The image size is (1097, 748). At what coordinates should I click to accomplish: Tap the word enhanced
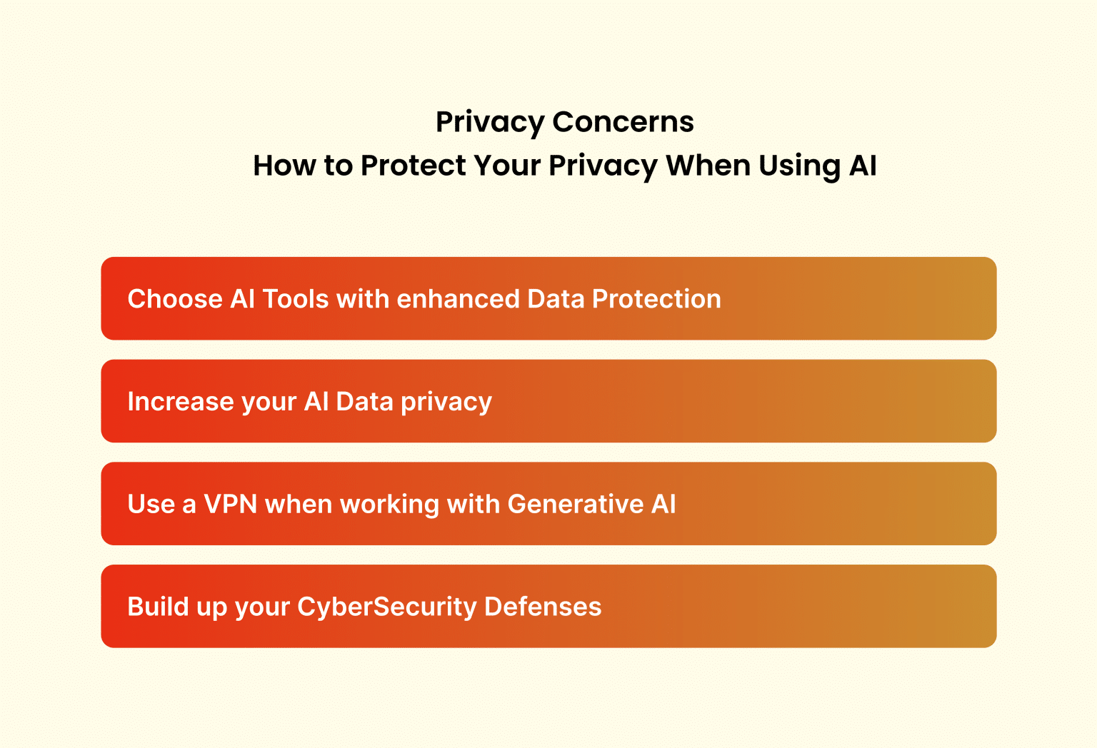458,299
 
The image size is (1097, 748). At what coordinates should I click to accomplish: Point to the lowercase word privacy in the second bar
446,402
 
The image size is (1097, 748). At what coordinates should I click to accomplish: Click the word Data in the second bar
364,402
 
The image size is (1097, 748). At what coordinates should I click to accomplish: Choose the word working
389,505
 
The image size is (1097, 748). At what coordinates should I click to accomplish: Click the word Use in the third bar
151,505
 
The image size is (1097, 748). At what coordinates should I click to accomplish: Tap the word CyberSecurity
386,607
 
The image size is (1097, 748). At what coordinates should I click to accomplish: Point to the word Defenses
543,607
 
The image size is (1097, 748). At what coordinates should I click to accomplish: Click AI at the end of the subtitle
863,166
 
